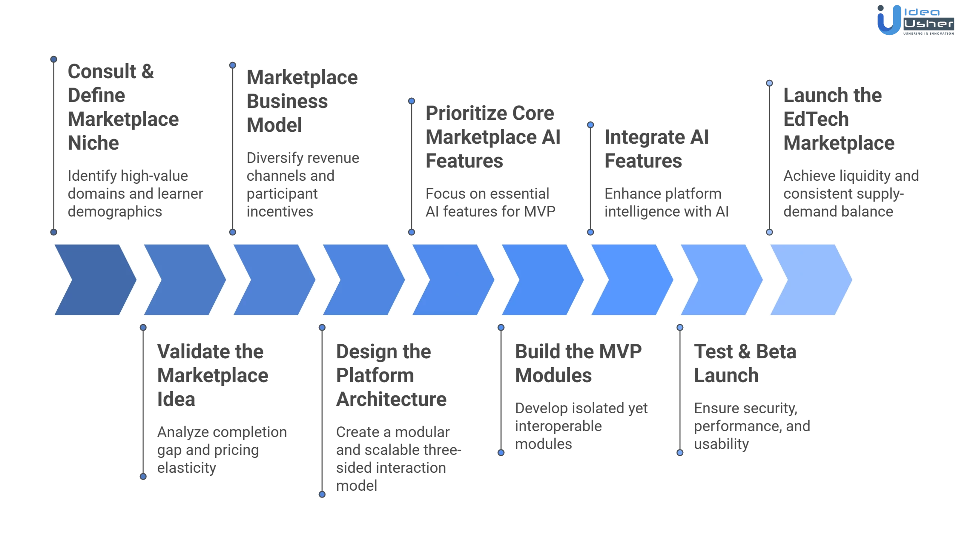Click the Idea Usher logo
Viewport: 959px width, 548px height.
[915, 20]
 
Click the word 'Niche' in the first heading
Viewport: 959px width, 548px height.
[93, 143]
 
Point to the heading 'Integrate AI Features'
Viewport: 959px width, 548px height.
[656, 149]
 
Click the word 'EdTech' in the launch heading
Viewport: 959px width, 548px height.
[816, 119]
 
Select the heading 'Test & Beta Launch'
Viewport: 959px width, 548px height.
[744, 363]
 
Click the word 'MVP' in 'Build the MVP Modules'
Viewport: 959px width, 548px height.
[620, 351]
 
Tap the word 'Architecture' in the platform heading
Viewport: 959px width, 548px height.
[391, 399]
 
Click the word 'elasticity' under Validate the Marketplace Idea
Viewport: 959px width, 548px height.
[187, 468]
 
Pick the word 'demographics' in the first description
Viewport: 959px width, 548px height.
[115, 211]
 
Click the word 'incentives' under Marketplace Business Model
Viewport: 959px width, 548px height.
[279, 211]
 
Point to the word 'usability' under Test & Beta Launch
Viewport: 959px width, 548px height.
[721, 444]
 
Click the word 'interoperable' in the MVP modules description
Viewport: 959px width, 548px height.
[558, 426]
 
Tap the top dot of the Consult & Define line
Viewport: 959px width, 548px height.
[54, 60]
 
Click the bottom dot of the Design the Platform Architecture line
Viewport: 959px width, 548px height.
[322, 494]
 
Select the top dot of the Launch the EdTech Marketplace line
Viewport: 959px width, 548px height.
[769, 83]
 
